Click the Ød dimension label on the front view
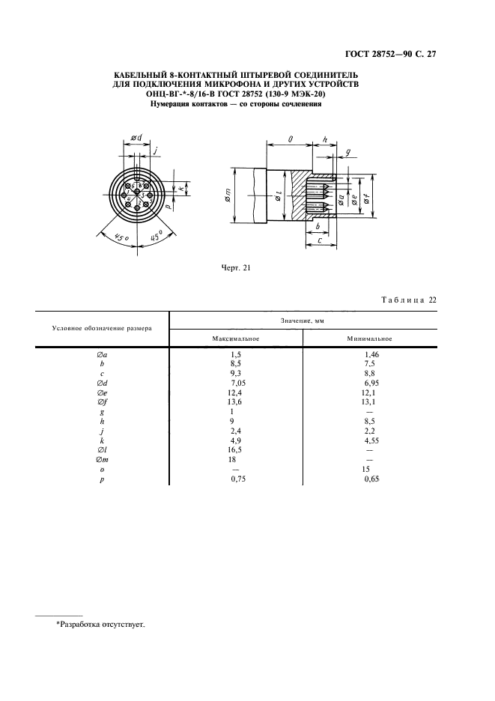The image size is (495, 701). (136, 138)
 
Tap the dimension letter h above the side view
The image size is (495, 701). (325, 140)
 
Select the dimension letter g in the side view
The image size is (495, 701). (348, 154)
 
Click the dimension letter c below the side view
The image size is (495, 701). (319, 240)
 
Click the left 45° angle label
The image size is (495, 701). (121, 238)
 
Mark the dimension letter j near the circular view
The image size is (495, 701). (155, 151)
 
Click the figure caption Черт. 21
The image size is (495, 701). (236, 268)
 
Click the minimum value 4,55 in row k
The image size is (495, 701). (371, 440)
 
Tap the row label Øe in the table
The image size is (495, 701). (102, 392)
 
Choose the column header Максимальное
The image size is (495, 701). (236, 339)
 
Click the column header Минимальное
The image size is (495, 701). (369, 339)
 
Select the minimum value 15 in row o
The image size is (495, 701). (366, 469)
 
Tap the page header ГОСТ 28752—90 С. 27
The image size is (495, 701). (391, 54)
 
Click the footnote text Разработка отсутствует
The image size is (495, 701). (103, 625)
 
